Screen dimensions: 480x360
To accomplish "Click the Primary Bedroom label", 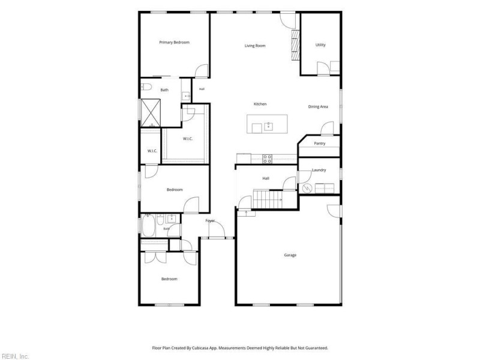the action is click(174, 42).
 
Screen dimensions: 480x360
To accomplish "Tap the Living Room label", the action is click(255, 46).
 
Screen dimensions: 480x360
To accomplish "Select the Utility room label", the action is click(320, 44).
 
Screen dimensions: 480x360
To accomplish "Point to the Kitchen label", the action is click(260, 104).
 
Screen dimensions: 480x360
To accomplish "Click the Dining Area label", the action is click(318, 107).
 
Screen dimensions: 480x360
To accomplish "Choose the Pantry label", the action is click(320, 143).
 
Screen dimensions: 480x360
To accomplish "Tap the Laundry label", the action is click(319, 170).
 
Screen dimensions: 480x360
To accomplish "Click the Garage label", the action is click(290, 255).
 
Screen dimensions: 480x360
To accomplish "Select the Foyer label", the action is click(210, 221).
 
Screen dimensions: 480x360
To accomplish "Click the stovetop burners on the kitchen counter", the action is click(267, 159).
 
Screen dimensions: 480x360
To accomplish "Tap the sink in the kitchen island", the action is click(268, 126).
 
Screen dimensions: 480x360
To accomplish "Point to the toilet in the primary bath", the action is click(146, 87).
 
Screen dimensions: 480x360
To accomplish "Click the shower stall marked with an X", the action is click(151, 113).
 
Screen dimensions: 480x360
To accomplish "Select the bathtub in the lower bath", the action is click(148, 226).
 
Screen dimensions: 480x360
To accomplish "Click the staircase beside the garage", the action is click(268, 199).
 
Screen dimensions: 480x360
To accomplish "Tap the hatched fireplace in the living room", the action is click(295, 46).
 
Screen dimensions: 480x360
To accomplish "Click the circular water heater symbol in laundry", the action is click(307, 188).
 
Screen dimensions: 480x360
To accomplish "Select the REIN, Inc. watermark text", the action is click(14, 356).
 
